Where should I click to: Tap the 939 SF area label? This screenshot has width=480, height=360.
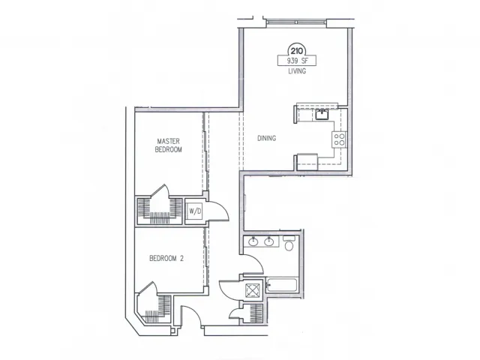(293, 62)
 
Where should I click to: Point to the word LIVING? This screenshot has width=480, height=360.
(293, 73)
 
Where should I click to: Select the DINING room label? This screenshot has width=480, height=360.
(267, 138)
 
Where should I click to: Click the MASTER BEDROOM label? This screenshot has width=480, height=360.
(169, 145)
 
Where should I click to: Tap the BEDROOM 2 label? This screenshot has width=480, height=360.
(166, 258)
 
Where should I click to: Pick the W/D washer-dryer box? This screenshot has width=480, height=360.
(194, 211)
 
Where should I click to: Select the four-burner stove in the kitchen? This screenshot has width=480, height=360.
(340, 139)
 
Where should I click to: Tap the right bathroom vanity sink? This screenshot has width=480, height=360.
(268, 242)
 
